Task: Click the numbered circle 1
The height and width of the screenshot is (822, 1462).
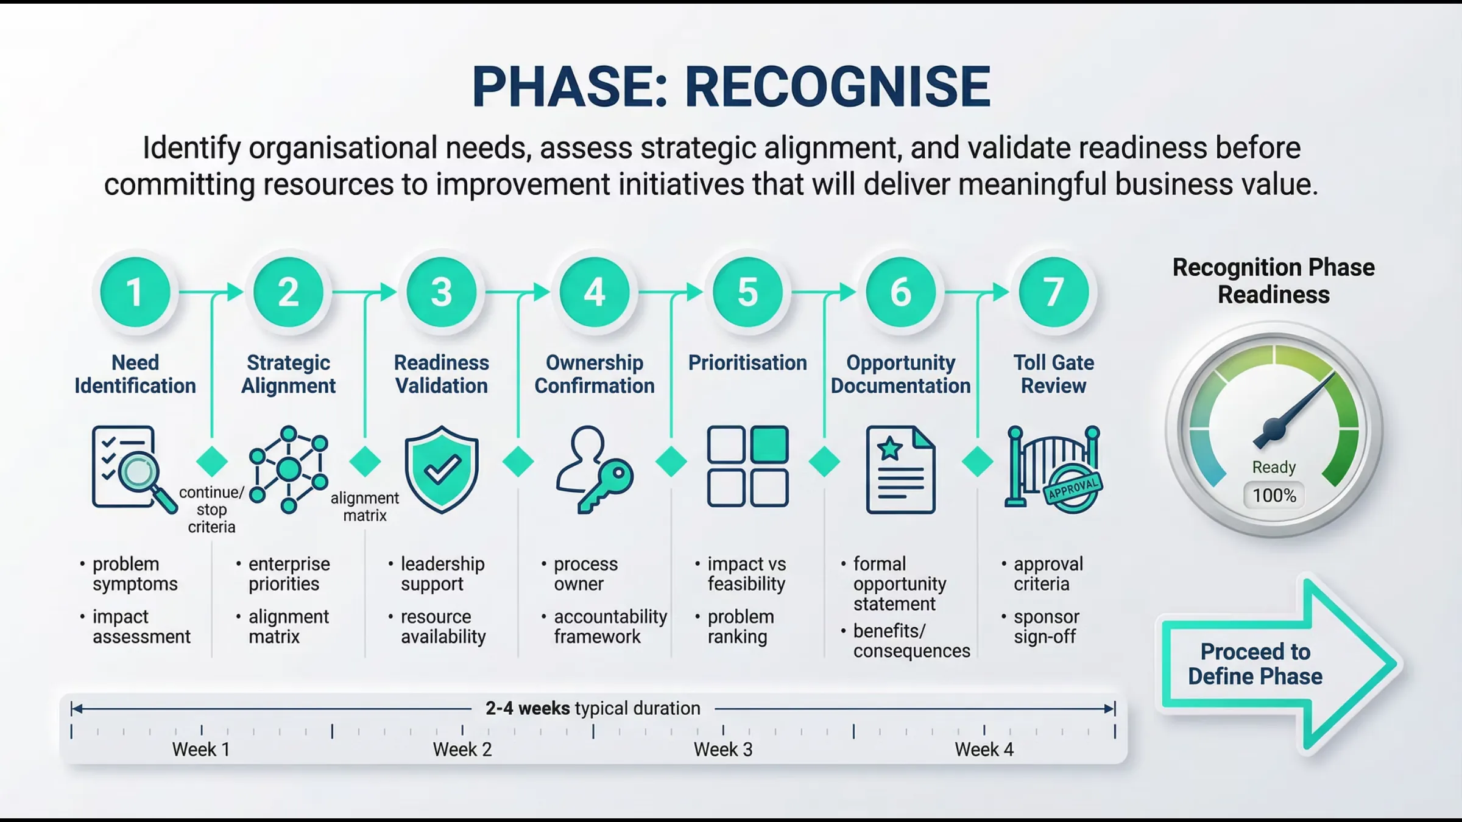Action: pos(135,292)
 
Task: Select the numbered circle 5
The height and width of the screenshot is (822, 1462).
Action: pos(747,292)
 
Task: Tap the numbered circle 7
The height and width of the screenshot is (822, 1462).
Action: pos(1053,292)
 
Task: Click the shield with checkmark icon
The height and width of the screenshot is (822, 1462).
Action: pos(442,469)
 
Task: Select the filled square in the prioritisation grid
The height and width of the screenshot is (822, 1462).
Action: pos(769,444)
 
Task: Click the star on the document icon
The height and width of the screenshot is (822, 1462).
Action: pos(890,449)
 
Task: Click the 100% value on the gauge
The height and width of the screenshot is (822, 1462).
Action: pos(1274,496)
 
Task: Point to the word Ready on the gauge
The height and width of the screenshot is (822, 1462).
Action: pos(1274,467)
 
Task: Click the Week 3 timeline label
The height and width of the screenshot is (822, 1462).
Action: pos(723,750)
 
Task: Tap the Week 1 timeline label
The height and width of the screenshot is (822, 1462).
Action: pos(201,750)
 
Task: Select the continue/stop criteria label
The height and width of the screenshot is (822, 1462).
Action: pos(211,510)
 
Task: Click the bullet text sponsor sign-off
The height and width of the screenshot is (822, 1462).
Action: pos(1046,627)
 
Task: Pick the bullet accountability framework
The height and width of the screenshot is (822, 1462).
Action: pos(610,627)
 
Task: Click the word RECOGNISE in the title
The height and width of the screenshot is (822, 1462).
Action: pos(838,86)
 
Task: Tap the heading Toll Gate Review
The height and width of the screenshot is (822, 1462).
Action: pos(1053,374)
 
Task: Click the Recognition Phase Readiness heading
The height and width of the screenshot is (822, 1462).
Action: pos(1273,281)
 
